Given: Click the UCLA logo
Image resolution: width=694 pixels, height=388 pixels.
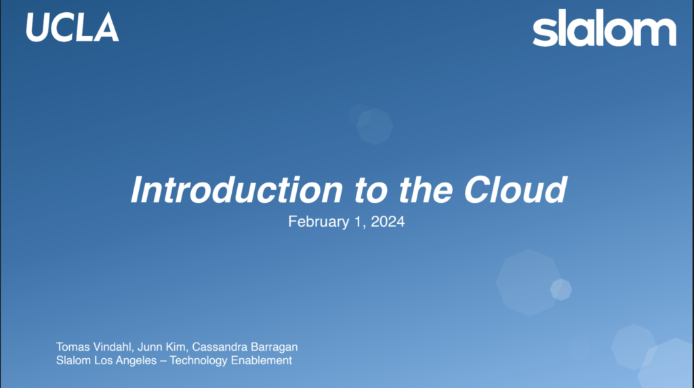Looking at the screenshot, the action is pos(73,27).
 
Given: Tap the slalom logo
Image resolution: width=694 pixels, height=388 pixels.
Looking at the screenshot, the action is pos(604,27).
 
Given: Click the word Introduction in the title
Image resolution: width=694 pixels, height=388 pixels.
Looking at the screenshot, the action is pos(237,189).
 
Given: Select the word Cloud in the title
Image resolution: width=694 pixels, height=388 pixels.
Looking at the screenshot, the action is pos(515,189).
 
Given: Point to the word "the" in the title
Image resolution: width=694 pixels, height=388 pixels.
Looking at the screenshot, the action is pos(426,189).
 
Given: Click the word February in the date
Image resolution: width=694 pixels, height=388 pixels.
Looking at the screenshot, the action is pos(319,221).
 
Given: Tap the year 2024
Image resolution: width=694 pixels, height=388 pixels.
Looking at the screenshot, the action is pos(388,221).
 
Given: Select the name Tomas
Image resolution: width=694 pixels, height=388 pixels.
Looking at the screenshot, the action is pos(73,347).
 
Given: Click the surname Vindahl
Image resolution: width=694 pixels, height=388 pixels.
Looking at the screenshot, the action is pos(113,347).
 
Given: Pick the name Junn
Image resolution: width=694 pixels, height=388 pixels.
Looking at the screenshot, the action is pos(150,347).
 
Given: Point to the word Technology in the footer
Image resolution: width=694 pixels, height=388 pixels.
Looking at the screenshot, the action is pos(199,361).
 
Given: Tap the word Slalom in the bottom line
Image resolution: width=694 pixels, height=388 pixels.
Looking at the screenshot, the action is pos(73,360).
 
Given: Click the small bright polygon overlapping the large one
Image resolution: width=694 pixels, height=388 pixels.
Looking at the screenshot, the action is pos(561,290).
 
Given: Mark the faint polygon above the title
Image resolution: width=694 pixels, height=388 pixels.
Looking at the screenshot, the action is pos(374,126).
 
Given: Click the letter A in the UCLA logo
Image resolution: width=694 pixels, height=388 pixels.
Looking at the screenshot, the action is pos(106,27).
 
